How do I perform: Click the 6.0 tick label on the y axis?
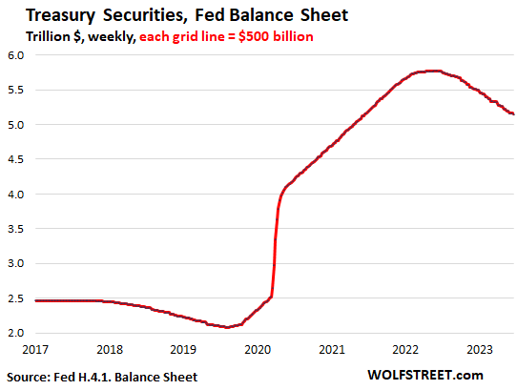point(17,55)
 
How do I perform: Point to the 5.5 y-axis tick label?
point(17,90)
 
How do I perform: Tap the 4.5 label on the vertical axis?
point(17,159)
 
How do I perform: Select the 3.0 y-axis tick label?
point(17,263)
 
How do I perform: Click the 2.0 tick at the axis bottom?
point(17,333)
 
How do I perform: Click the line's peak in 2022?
point(431,71)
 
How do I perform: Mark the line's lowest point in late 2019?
point(227,327)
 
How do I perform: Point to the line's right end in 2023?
point(513,114)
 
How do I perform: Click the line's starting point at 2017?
point(35,300)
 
